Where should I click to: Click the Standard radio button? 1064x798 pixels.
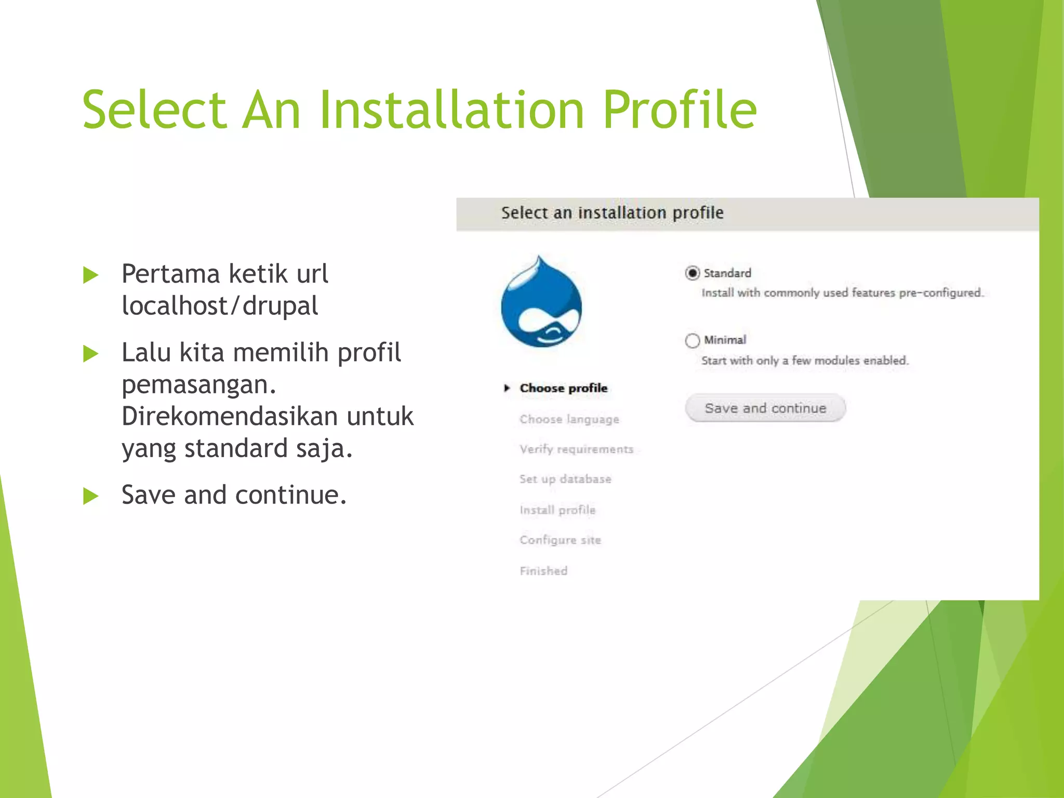pyautogui.click(x=692, y=273)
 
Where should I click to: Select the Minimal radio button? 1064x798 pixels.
pyautogui.click(x=692, y=341)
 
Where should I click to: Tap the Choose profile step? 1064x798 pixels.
pyautogui.click(x=563, y=388)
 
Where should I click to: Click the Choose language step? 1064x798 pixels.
pyautogui.click(x=569, y=419)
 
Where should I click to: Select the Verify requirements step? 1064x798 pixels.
pyautogui.click(x=576, y=449)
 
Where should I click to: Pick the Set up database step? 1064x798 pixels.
pyautogui.click(x=565, y=479)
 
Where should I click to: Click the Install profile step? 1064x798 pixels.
pyautogui.click(x=557, y=510)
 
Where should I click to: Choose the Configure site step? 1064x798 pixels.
pyautogui.click(x=560, y=540)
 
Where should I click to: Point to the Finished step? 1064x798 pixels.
pyautogui.click(x=543, y=571)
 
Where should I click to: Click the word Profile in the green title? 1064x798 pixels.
pyautogui.click(x=679, y=110)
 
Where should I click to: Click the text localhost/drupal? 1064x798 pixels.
pyautogui.click(x=220, y=306)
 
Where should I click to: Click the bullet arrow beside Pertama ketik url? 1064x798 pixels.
pyautogui.click(x=91, y=275)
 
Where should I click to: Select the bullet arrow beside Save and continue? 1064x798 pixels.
pyautogui.click(x=91, y=496)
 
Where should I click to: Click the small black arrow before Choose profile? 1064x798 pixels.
pyautogui.click(x=507, y=388)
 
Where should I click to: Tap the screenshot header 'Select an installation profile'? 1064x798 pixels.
pyautogui.click(x=612, y=213)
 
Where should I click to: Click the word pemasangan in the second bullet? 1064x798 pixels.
pyautogui.click(x=198, y=385)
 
